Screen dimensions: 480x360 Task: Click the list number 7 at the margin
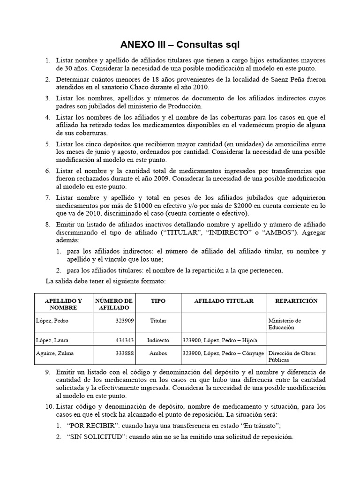coord(47,197)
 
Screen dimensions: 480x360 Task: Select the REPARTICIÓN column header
coord(296,300)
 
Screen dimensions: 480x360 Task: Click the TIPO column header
coord(158,300)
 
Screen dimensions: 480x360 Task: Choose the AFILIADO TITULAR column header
coord(224,300)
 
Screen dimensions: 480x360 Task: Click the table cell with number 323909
coord(124,321)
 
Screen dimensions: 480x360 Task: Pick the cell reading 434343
coord(124,340)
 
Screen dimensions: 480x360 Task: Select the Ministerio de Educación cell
coord(285,324)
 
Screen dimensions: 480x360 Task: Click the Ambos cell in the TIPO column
coord(158,352)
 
